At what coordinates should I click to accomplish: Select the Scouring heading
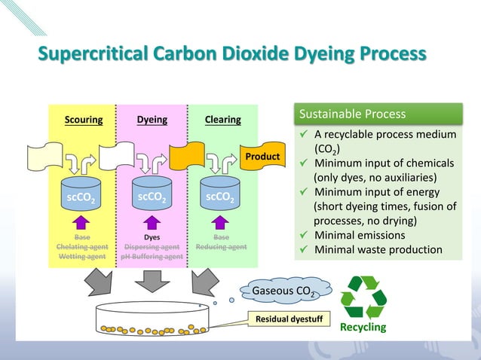(83, 120)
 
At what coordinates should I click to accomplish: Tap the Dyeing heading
(152, 120)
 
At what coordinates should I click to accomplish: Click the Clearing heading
(223, 120)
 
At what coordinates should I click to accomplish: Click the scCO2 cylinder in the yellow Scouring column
(82, 194)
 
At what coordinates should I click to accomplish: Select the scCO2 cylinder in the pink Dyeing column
(152, 194)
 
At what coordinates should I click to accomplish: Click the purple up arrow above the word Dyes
(152, 221)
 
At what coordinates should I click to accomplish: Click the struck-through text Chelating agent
(82, 246)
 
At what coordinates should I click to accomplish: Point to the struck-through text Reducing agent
(221, 246)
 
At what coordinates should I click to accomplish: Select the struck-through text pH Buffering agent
(152, 256)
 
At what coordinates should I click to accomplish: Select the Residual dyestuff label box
(289, 320)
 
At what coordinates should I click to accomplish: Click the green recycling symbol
(363, 297)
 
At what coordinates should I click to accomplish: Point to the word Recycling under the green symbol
(363, 328)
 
